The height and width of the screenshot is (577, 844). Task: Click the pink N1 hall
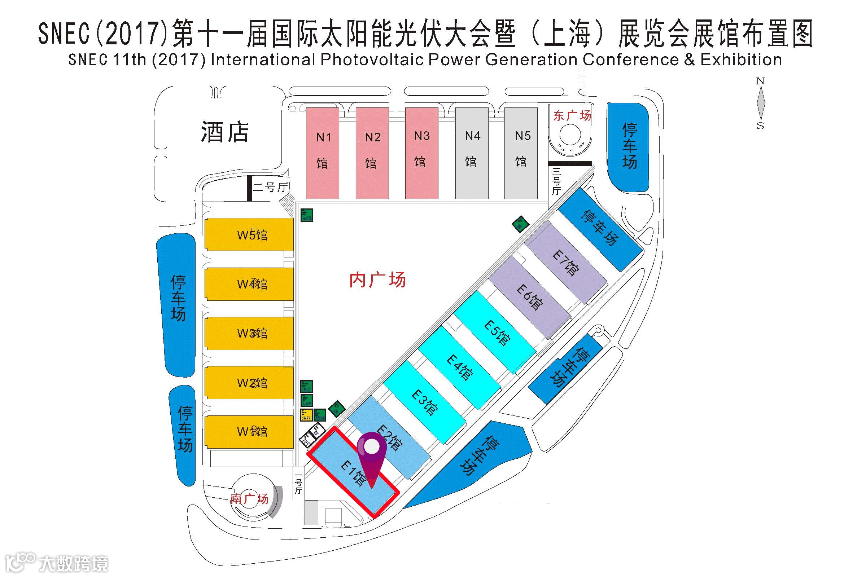[x=323, y=153]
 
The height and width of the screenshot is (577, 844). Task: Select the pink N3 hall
[x=421, y=153]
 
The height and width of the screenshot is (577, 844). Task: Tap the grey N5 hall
[x=521, y=153]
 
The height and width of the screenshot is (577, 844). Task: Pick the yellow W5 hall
[x=249, y=234]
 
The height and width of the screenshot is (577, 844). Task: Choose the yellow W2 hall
[x=249, y=383]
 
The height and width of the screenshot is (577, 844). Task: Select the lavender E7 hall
[x=566, y=263]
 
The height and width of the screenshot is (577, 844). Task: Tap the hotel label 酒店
[x=224, y=132]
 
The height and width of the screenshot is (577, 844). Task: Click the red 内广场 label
[x=377, y=280]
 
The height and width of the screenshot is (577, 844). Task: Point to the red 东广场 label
[x=572, y=115]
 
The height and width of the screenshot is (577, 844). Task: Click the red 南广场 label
[x=249, y=499]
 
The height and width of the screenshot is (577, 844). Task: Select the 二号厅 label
[x=270, y=187]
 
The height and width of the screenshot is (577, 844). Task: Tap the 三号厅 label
[x=556, y=181]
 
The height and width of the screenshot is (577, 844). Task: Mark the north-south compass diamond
[x=761, y=103]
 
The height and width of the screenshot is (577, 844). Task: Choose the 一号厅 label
[x=298, y=484]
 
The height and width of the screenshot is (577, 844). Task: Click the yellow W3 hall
[x=249, y=333]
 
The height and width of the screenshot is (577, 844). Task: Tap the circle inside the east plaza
[x=570, y=135]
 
